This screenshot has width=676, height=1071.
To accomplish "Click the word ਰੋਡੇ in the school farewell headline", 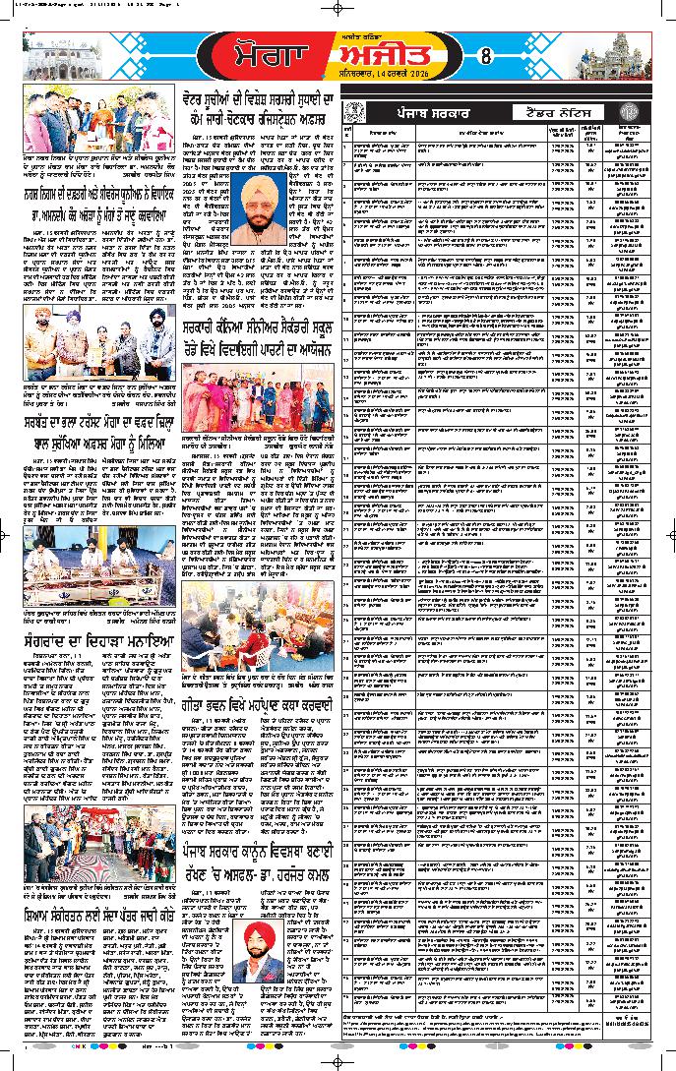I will (x=203, y=346).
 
